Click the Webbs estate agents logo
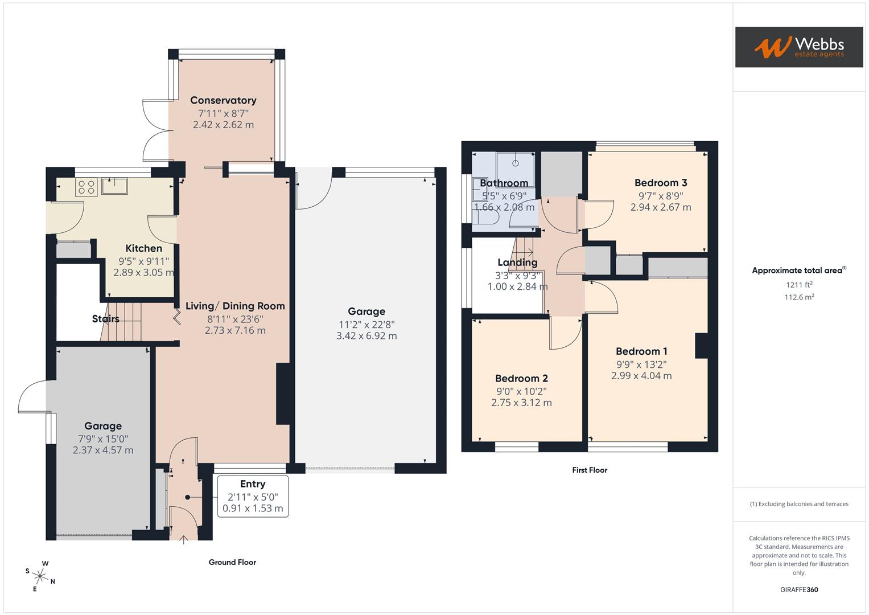click(x=799, y=47)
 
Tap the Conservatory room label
click(x=223, y=100)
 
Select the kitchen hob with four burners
click(x=86, y=187)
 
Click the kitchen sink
click(x=114, y=186)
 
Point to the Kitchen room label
click(x=143, y=248)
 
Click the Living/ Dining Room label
click(x=235, y=306)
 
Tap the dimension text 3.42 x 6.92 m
click(x=366, y=336)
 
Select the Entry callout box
click(x=253, y=496)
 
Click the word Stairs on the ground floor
click(x=105, y=319)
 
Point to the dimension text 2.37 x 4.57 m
click(x=103, y=450)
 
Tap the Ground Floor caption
click(x=232, y=562)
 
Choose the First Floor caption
click(x=590, y=470)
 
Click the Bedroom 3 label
click(x=661, y=183)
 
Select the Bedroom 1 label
click(x=642, y=351)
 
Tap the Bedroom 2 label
click(x=521, y=378)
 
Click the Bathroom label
click(x=504, y=183)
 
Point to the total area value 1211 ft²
click(x=799, y=285)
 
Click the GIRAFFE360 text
click(x=799, y=589)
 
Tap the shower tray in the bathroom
click(x=515, y=169)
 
